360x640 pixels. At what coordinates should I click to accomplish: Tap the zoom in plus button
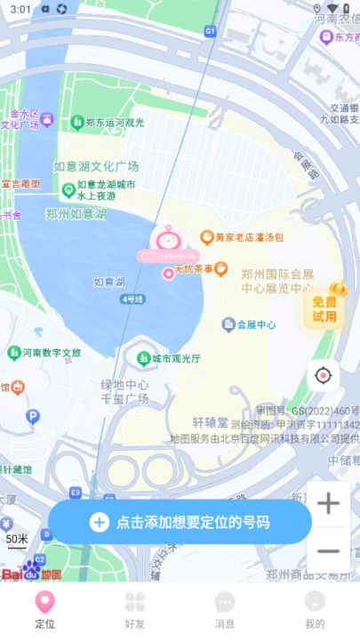pos(328,504)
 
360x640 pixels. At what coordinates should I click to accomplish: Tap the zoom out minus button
pos(328,551)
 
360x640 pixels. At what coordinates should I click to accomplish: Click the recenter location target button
pos(323,376)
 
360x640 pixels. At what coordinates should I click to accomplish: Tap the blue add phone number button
pos(180,522)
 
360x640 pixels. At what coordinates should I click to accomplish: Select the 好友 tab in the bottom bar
pos(134,610)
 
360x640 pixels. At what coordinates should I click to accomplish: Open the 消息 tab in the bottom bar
pos(225,610)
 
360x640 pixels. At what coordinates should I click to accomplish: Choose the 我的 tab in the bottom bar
pos(315,610)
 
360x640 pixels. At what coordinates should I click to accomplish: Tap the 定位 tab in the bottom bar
pos(44,610)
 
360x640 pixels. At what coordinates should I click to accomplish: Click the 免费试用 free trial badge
pos(324,308)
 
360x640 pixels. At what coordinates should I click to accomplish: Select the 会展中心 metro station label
pos(249,324)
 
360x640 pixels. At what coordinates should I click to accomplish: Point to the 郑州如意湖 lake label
pos(76,214)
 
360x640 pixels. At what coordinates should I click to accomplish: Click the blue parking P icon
pos(33,416)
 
